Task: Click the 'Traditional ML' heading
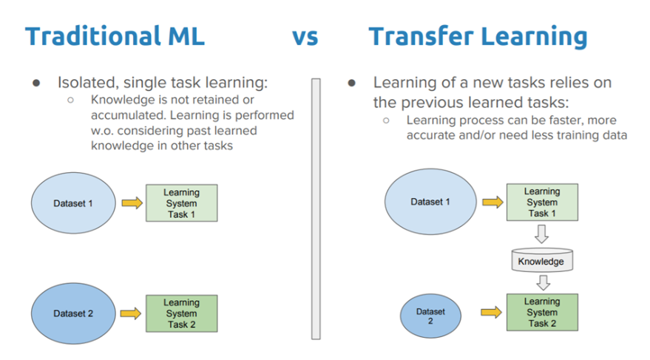115,36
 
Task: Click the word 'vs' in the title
305,38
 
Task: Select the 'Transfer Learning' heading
478,37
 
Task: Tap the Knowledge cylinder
542,260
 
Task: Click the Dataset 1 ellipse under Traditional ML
73,203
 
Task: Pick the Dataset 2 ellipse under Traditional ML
73,313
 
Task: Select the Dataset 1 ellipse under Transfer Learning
430,202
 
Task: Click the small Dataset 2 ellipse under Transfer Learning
430,316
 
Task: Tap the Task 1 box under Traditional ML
182,203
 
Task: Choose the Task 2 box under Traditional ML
182,313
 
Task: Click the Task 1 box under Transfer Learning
542,202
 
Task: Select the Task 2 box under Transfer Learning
542,313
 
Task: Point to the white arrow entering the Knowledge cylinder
542,234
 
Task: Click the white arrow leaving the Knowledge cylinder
543,282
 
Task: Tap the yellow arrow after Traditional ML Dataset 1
132,203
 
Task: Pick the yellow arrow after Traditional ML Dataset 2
131,313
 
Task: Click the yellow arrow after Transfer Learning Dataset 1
493,202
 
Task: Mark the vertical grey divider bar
316,209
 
